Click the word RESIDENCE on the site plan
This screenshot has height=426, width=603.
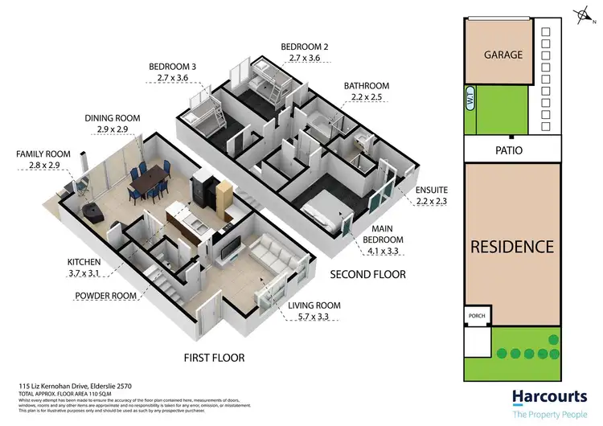click(512, 247)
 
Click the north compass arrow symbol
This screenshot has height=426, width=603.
click(583, 14)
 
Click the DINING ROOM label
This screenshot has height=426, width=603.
click(112, 118)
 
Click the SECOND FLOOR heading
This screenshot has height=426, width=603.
click(368, 275)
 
